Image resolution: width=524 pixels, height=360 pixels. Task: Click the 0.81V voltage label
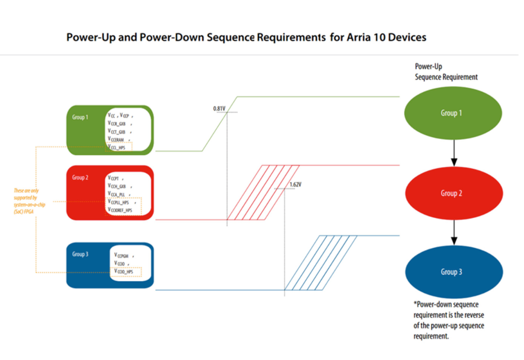click(x=219, y=109)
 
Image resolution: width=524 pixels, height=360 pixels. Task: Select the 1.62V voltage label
click(x=296, y=185)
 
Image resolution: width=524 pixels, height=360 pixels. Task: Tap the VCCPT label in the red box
click(x=115, y=178)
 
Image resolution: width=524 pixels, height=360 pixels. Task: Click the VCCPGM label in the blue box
click(x=122, y=256)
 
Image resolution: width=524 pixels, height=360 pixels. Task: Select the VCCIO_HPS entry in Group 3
click(x=124, y=271)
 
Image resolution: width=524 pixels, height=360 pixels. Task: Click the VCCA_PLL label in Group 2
click(x=118, y=194)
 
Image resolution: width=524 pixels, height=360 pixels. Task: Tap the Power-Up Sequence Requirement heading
click(x=446, y=72)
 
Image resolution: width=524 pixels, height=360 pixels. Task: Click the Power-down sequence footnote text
click(x=448, y=320)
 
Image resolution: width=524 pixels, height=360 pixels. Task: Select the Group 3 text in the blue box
click(x=80, y=255)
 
